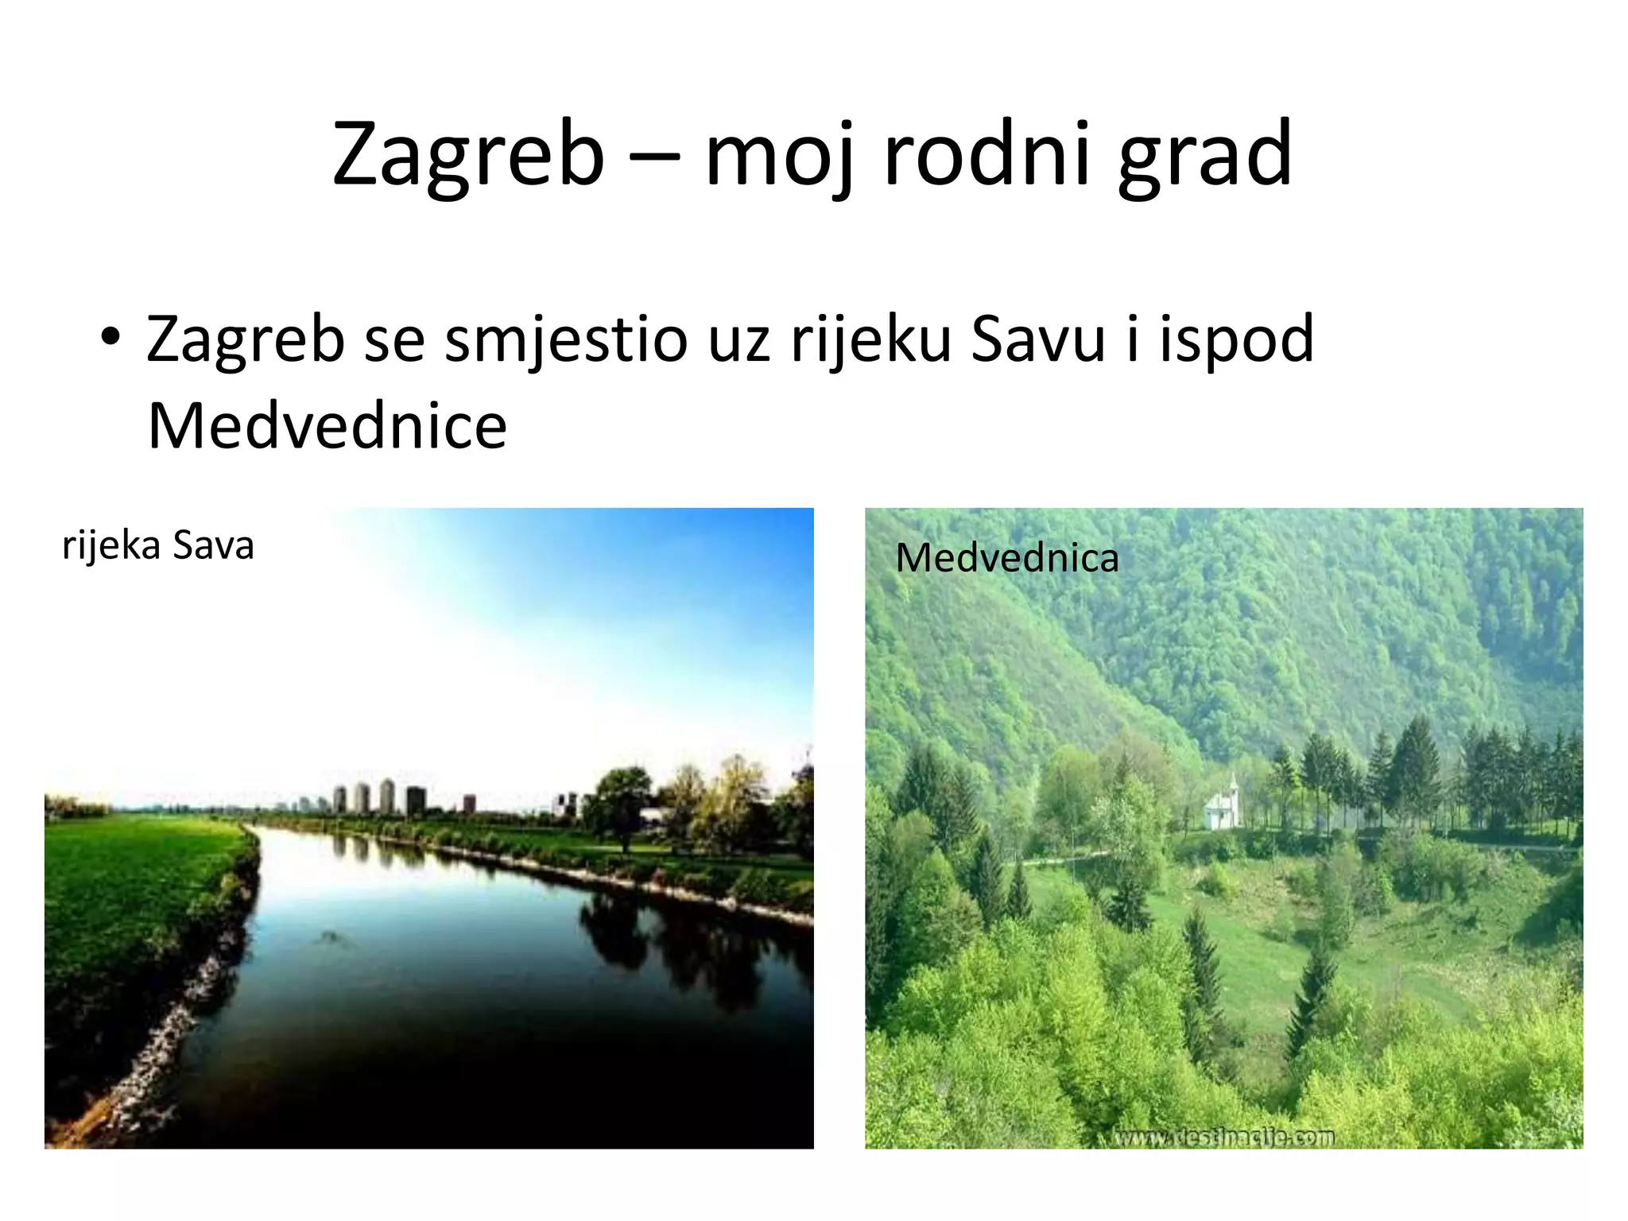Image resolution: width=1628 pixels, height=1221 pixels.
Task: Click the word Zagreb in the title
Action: [468, 155]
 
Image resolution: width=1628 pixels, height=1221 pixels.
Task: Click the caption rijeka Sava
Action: [158, 546]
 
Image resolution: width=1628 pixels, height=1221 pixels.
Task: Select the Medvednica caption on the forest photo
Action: [1006, 558]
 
